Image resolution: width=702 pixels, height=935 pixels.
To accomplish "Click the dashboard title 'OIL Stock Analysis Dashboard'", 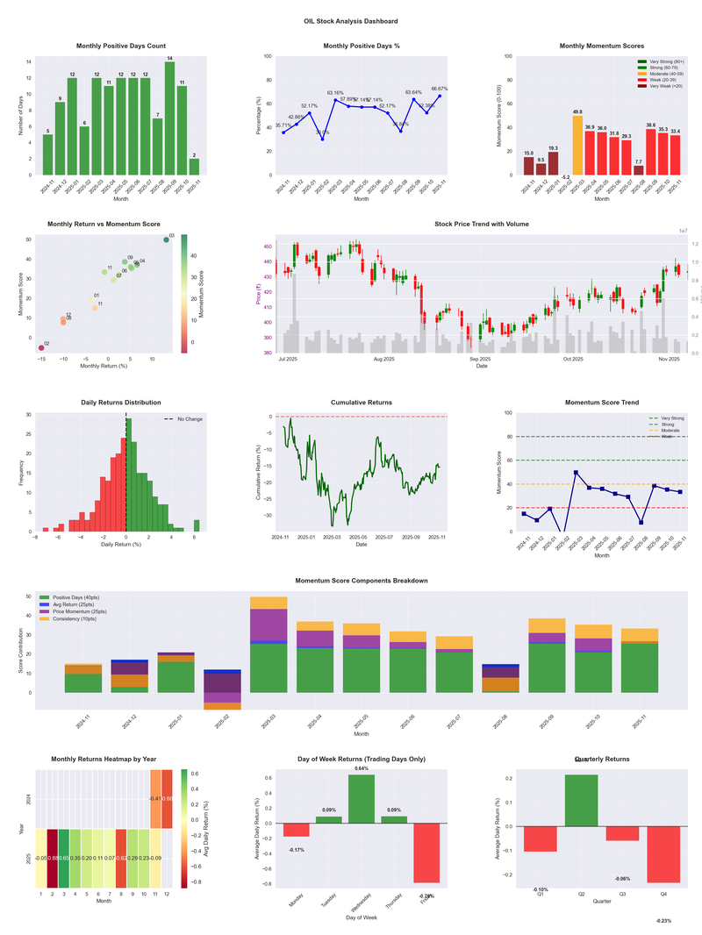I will (x=350, y=21).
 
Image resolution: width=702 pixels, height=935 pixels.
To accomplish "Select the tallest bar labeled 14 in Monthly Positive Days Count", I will (x=169, y=118).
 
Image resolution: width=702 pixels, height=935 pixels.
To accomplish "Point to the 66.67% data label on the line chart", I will (x=440, y=89).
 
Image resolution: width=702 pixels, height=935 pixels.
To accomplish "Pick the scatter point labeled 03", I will (x=166, y=239).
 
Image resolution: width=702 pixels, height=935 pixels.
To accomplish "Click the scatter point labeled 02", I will (x=40, y=348).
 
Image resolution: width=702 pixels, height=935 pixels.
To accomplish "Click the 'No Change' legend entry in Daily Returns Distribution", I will (x=189, y=419).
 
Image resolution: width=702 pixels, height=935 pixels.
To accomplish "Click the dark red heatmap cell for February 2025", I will (x=53, y=858).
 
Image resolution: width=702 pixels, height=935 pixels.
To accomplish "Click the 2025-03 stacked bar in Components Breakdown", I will (x=269, y=645).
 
